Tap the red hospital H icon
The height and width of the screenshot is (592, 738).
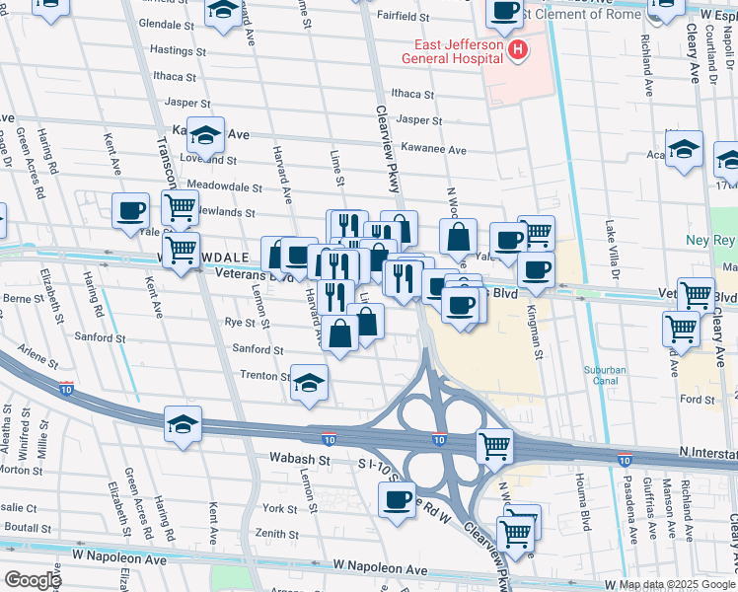click(x=515, y=50)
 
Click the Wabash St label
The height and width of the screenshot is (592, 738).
click(x=300, y=460)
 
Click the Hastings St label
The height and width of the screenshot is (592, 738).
click(x=178, y=49)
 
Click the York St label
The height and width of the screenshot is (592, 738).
click(x=279, y=509)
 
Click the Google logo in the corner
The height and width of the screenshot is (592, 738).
click(x=33, y=579)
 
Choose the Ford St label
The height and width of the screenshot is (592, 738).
click(x=697, y=400)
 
